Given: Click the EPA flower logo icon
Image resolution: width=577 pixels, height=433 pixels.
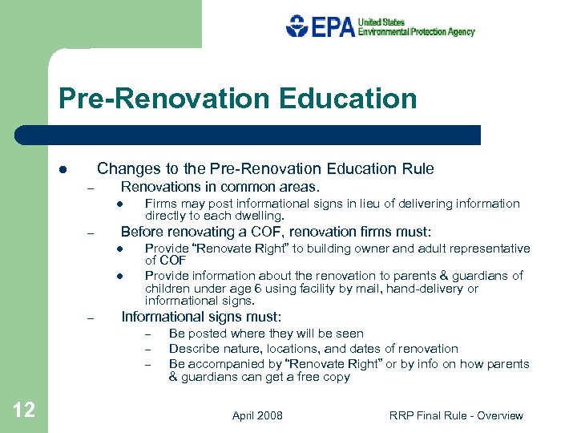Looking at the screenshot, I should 297,26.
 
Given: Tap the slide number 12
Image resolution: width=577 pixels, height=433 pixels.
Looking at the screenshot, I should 24,411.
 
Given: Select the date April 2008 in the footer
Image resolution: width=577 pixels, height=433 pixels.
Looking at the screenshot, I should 257,415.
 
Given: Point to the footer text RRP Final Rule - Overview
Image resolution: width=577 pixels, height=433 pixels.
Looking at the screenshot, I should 456,415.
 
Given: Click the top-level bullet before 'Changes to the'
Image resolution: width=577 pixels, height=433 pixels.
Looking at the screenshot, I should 61,170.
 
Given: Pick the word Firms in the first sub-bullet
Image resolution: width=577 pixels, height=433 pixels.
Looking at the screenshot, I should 161,204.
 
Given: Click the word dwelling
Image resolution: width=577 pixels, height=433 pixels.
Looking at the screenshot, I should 259,216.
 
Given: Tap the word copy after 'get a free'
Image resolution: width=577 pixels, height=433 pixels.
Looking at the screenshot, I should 335,377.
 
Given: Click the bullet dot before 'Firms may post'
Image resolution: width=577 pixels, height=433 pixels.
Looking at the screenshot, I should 117,204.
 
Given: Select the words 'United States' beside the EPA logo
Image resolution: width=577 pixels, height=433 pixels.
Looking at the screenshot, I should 381,22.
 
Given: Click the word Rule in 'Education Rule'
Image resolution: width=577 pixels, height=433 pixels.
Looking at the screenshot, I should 418,168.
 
